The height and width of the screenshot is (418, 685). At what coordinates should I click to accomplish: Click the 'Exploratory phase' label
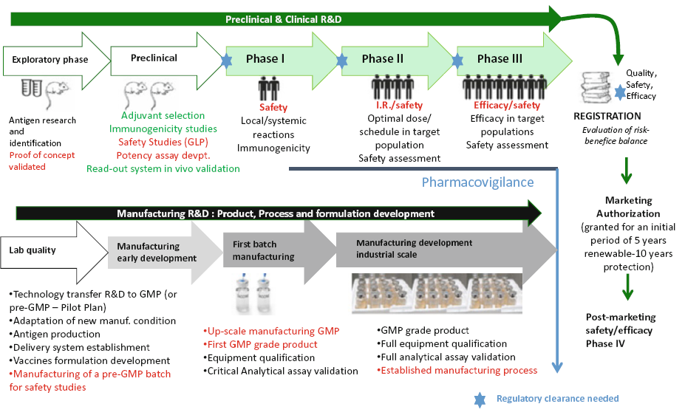[50, 60]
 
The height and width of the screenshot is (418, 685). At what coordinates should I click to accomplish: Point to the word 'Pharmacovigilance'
[477, 182]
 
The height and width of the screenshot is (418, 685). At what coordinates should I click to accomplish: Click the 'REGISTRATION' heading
[607, 116]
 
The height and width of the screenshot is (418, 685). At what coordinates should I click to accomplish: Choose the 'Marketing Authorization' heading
[628, 207]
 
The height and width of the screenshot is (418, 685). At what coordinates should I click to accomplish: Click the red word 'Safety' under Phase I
[273, 108]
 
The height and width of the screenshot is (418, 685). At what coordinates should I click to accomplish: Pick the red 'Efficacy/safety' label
[506, 106]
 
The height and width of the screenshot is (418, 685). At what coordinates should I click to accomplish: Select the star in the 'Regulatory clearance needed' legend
[480, 400]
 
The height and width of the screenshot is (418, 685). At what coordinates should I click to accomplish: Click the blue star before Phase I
[225, 61]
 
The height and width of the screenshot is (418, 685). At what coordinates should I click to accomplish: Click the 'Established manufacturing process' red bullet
[457, 370]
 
